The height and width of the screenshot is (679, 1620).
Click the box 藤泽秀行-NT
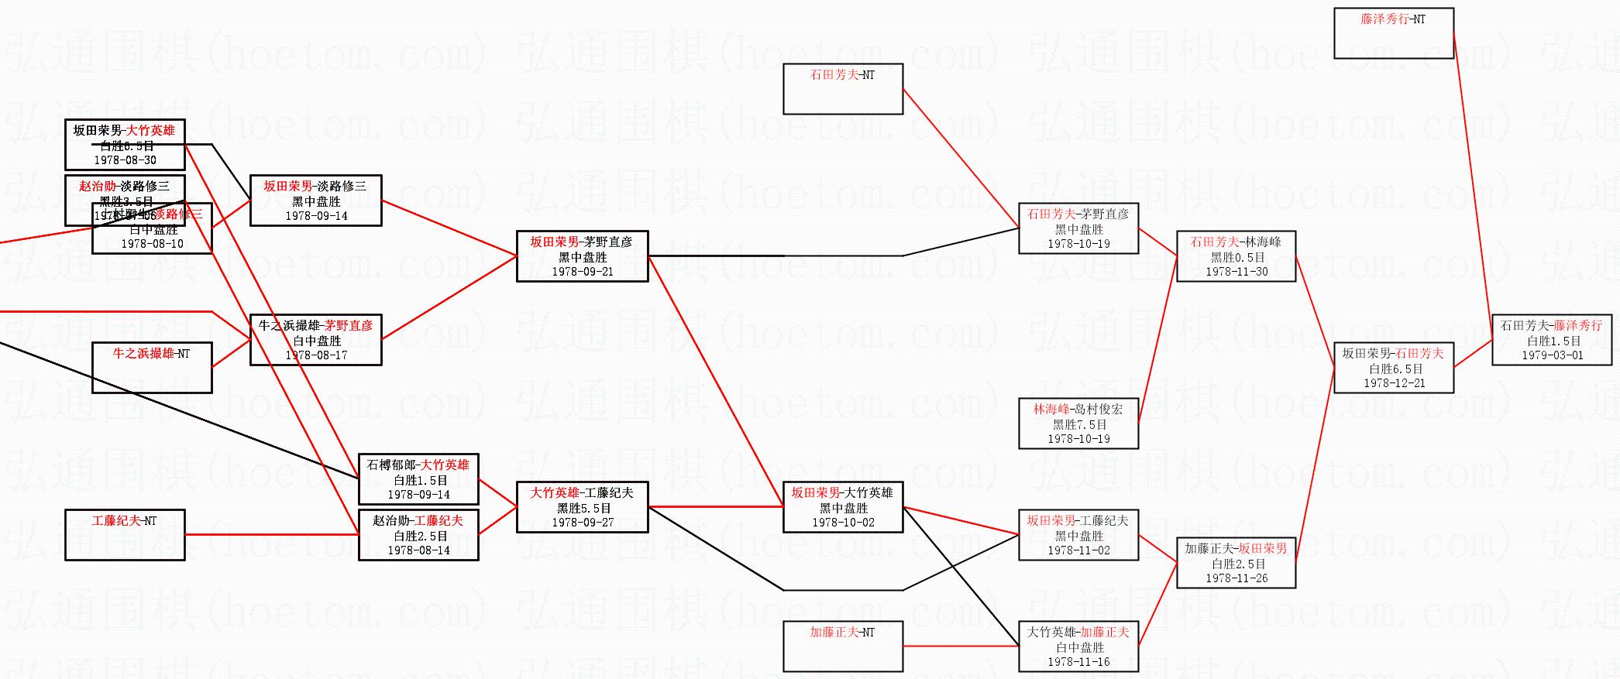[1393, 33]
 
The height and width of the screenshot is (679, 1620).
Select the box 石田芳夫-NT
[843, 89]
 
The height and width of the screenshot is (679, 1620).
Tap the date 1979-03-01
[1552, 355]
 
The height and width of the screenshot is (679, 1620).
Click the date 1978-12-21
[1394, 383]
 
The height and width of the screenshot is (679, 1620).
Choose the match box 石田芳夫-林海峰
[1236, 256]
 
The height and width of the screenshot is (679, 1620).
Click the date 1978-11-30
[1236, 272]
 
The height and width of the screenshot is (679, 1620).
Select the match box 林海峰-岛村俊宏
[1078, 424]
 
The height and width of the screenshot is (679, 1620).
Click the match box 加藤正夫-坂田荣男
[1236, 563]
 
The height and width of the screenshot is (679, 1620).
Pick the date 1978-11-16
[1078, 662]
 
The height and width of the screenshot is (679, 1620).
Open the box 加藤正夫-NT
[843, 646]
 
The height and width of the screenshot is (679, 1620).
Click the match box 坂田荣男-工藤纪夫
[1078, 535]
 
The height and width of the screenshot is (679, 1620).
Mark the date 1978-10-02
[843, 523]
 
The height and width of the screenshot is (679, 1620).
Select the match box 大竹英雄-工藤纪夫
[582, 507]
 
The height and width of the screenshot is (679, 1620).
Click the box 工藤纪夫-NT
[125, 535]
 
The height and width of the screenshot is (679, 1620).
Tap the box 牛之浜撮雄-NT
[152, 368]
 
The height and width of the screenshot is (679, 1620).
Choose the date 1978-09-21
[582, 272]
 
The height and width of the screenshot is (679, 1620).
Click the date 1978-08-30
[125, 160]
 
